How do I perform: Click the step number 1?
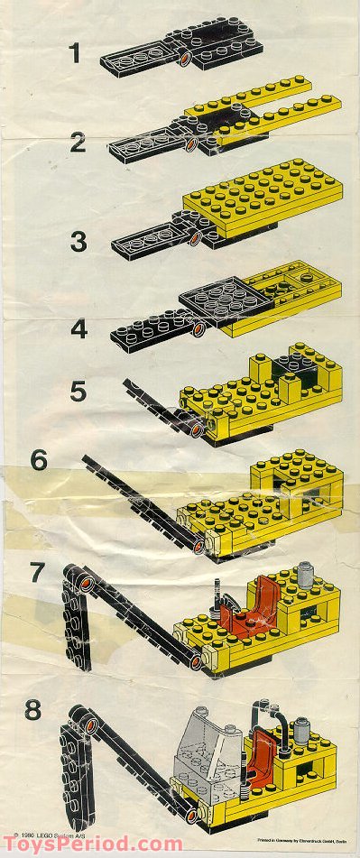point(76,54)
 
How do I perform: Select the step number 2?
point(78,142)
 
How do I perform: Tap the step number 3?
point(78,241)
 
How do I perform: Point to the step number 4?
point(79,328)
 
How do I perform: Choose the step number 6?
point(38,459)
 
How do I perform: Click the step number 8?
point(33,710)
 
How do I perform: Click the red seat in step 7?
point(241,613)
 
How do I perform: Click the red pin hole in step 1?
point(186,60)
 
